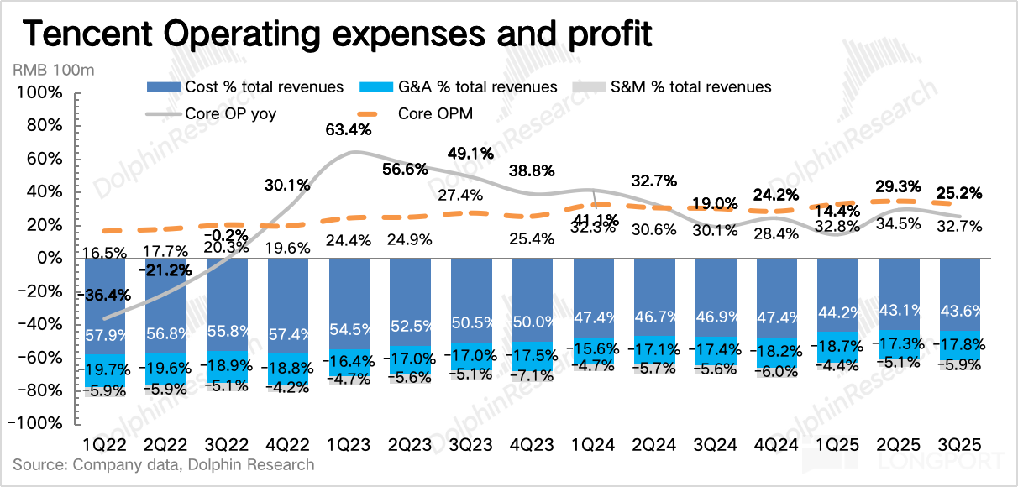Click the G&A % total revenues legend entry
pyautogui.click(x=457, y=86)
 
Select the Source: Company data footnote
pyautogui.click(x=163, y=464)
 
